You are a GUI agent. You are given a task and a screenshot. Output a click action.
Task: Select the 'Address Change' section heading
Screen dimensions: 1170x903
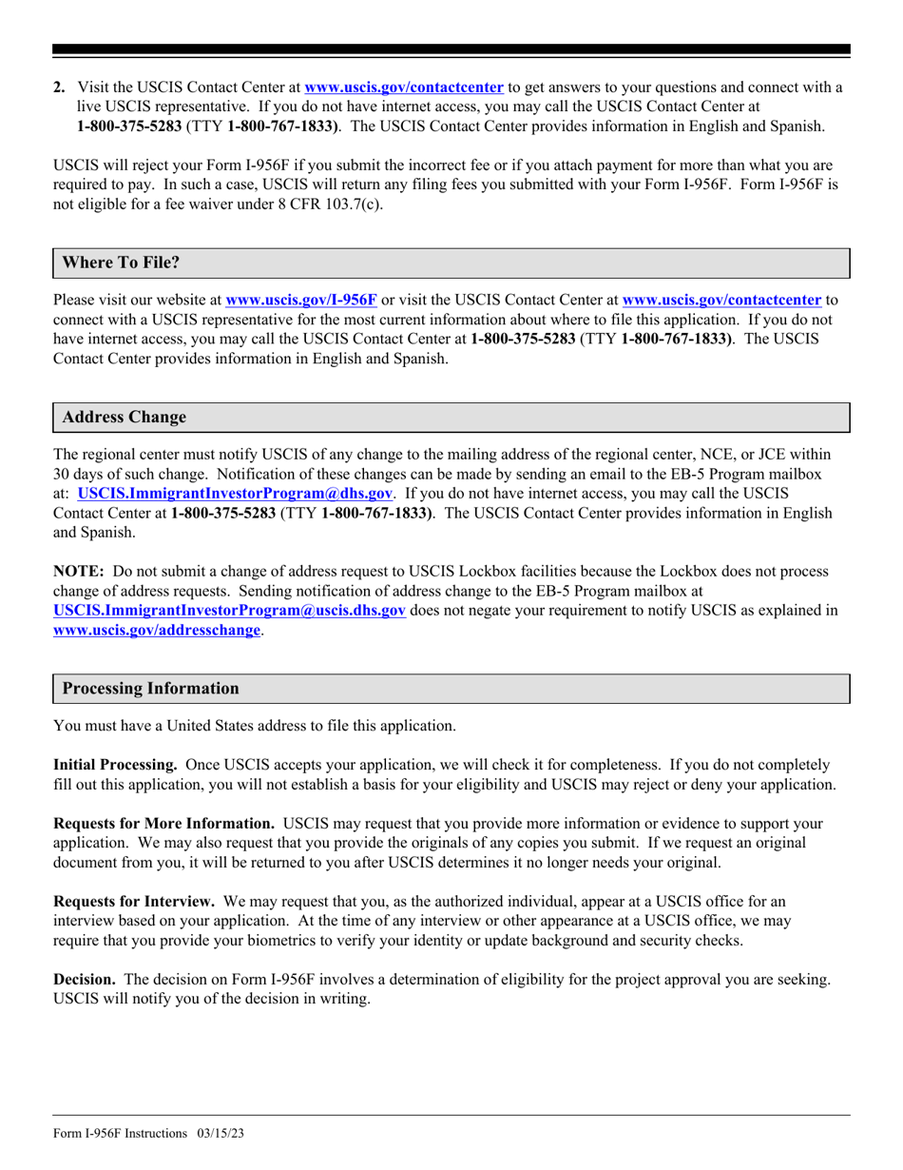(x=124, y=418)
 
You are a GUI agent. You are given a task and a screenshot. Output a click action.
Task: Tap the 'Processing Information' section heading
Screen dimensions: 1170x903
(x=150, y=689)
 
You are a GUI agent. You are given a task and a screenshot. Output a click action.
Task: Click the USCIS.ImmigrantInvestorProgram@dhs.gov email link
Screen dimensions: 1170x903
(x=235, y=494)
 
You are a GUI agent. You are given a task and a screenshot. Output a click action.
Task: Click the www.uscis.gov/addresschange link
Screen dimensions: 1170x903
(x=157, y=631)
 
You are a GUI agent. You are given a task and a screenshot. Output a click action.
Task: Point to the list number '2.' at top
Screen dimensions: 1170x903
(x=60, y=88)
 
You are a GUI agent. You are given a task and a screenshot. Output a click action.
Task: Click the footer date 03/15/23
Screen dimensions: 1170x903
(x=221, y=1134)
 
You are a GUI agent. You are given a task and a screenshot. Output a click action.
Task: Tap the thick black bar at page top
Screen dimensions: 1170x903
(x=451, y=50)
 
